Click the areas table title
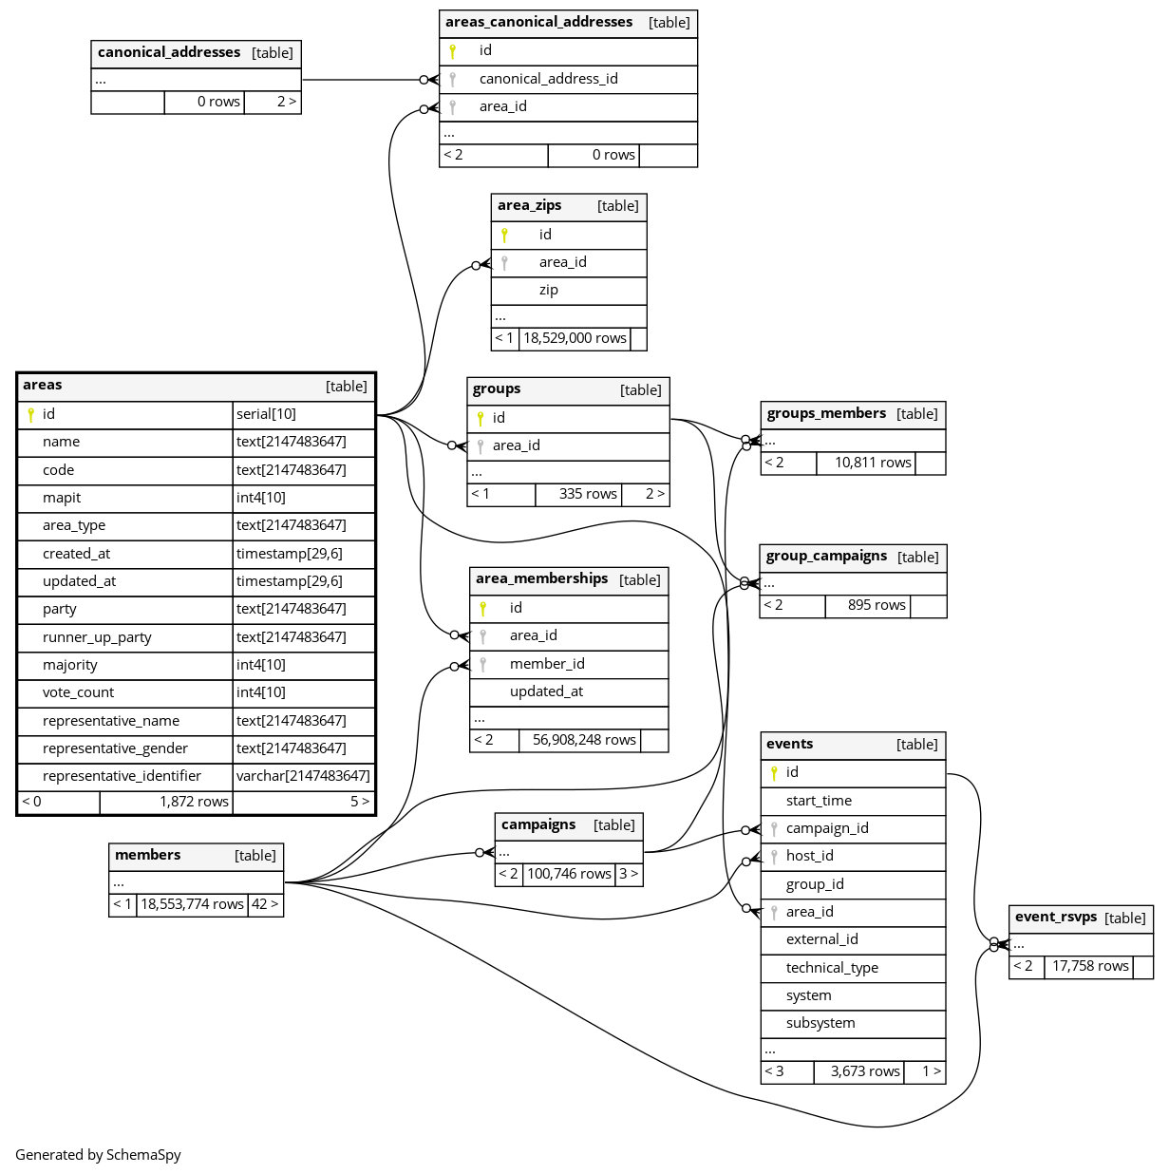click(x=43, y=385)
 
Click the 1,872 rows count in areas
click(x=194, y=802)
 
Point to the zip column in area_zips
click(x=549, y=290)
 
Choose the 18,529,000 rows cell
click(x=575, y=338)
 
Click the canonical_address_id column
click(x=548, y=79)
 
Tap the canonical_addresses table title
click(x=169, y=52)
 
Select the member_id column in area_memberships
click(x=547, y=664)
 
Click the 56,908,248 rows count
click(x=584, y=740)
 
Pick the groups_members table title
click(x=826, y=413)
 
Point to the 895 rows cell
click(x=877, y=605)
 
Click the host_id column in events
click(x=810, y=856)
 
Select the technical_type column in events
click(x=832, y=968)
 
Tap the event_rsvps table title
click(x=1056, y=917)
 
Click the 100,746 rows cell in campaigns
click(x=569, y=874)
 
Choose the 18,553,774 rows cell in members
click(x=192, y=904)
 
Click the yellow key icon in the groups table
click(x=481, y=418)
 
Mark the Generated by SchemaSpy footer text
click(x=98, y=1155)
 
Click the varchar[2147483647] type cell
click(x=303, y=776)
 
